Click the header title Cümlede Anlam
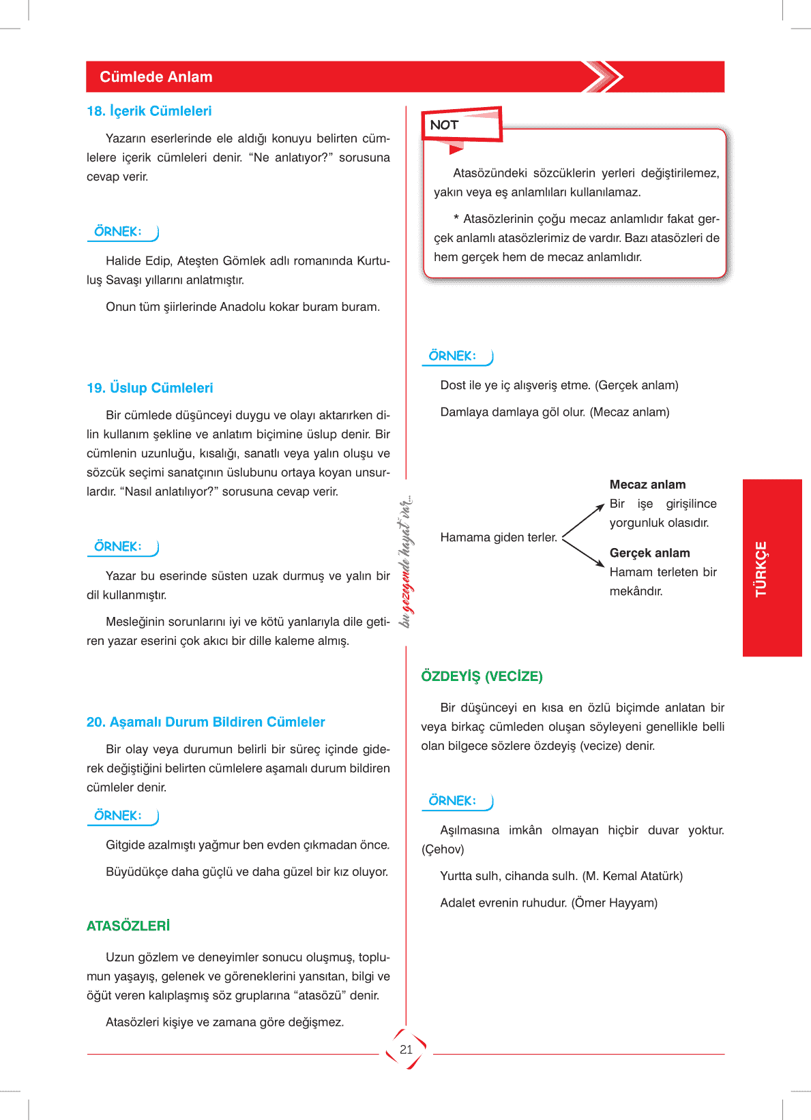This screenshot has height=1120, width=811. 156,77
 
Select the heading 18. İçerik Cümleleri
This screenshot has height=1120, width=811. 149,111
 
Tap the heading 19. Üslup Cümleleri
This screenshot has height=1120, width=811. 150,388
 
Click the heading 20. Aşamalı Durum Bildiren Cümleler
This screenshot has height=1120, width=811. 205,722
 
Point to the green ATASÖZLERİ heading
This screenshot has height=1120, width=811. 128,926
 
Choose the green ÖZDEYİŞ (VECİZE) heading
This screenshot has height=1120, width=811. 482,676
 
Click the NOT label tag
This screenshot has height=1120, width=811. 445,125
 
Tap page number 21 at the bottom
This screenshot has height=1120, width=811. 407,1050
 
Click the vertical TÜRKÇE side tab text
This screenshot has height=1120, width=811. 761,569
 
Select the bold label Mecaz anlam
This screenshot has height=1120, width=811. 647,485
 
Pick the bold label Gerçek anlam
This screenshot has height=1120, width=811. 649,553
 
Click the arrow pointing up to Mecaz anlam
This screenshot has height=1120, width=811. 584,521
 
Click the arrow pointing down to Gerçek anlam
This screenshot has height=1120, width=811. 584,554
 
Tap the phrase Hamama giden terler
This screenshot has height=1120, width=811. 499,537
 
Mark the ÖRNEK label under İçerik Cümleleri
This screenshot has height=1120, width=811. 118,232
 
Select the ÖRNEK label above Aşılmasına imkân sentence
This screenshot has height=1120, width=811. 452,801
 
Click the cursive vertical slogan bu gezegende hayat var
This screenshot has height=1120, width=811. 407,561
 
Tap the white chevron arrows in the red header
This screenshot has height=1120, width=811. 603,77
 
